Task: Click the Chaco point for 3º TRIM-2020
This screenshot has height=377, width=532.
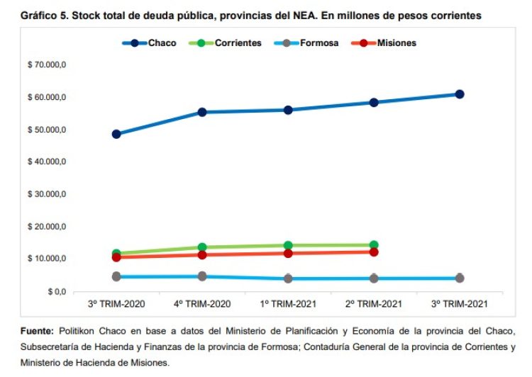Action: (x=116, y=134)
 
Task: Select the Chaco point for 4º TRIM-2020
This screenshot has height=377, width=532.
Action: (x=202, y=112)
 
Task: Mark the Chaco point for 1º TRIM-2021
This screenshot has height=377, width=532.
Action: (x=288, y=110)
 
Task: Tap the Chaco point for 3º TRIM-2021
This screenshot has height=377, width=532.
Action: (x=460, y=94)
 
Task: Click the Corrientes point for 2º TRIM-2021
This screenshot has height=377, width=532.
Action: (x=374, y=245)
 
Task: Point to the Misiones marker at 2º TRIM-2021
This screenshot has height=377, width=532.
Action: (x=374, y=252)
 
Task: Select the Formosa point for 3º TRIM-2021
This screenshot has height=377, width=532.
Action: (x=460, y=278)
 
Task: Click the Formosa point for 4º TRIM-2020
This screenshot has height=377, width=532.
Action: (x=202, y=276)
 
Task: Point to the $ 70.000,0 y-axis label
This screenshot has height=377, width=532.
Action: (x=48, y=65)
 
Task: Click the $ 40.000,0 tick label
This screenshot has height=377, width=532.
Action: (x=48, y=162)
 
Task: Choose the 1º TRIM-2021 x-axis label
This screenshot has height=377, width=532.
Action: (x=288, y=303)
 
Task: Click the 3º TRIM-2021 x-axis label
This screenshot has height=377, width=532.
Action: (x=460, y=303)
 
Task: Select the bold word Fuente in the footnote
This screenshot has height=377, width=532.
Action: (x=36, y=331)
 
